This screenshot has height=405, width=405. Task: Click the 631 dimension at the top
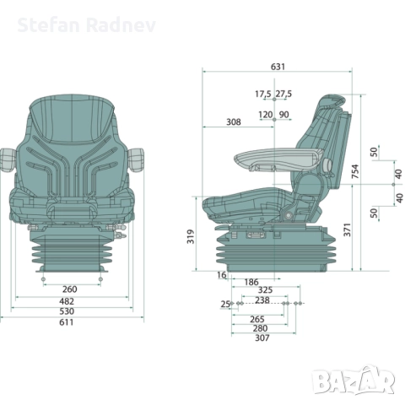[x=278, y=67]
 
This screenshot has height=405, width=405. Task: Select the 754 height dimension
[x=356, y=174]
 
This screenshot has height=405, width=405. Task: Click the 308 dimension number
[x=234, y=122]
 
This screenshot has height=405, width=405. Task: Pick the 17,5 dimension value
[x=262, y=94]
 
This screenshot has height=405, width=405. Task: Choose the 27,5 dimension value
[x=283, y=94]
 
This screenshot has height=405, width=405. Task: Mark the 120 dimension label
[x=265, y=114]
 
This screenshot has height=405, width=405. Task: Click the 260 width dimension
[x=70, y=289]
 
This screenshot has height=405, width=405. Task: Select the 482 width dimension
[x=70, y=301]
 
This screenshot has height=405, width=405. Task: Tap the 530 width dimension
[x=70, y=312]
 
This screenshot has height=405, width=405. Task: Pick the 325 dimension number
[x=265, y=290]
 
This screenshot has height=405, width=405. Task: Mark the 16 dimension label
[x=221, y=275]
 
